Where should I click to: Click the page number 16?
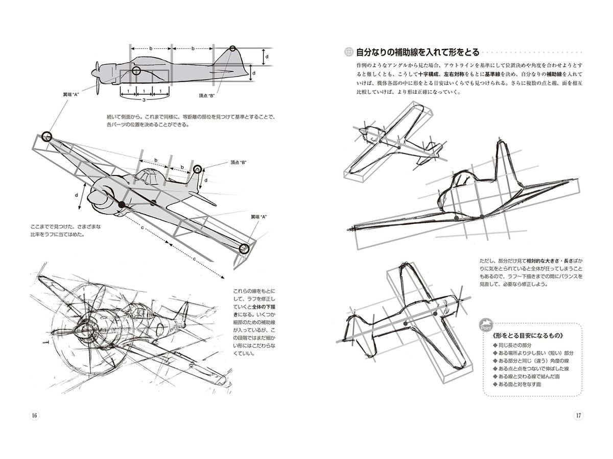(x=35, y=415)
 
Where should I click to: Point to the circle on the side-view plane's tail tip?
(x=233, y=49)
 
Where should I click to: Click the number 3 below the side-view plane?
(x=137, y=100)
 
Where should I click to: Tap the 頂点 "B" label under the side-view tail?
(x=207, y=95)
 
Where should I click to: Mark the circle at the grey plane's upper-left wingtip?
(x=46, y=136)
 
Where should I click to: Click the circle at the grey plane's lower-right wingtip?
(x=244, y=248)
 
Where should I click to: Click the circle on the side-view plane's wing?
(x=136, y=70)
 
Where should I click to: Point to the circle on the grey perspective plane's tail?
(x=198, y=169)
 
